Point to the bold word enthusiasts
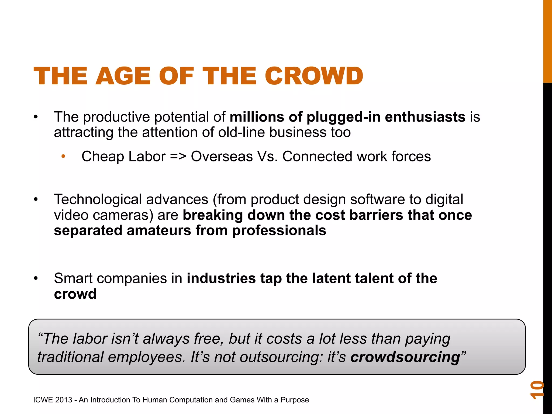tap(425, 117)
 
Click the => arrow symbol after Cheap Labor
tap(178, 156)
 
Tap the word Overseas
tap(222, 156)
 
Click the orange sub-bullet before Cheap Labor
tap(63, 156)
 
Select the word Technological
tap(98, 199)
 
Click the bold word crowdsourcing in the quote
tap(405, 357)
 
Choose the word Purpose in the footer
tap(295, 400)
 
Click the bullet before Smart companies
tap(36, 278)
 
